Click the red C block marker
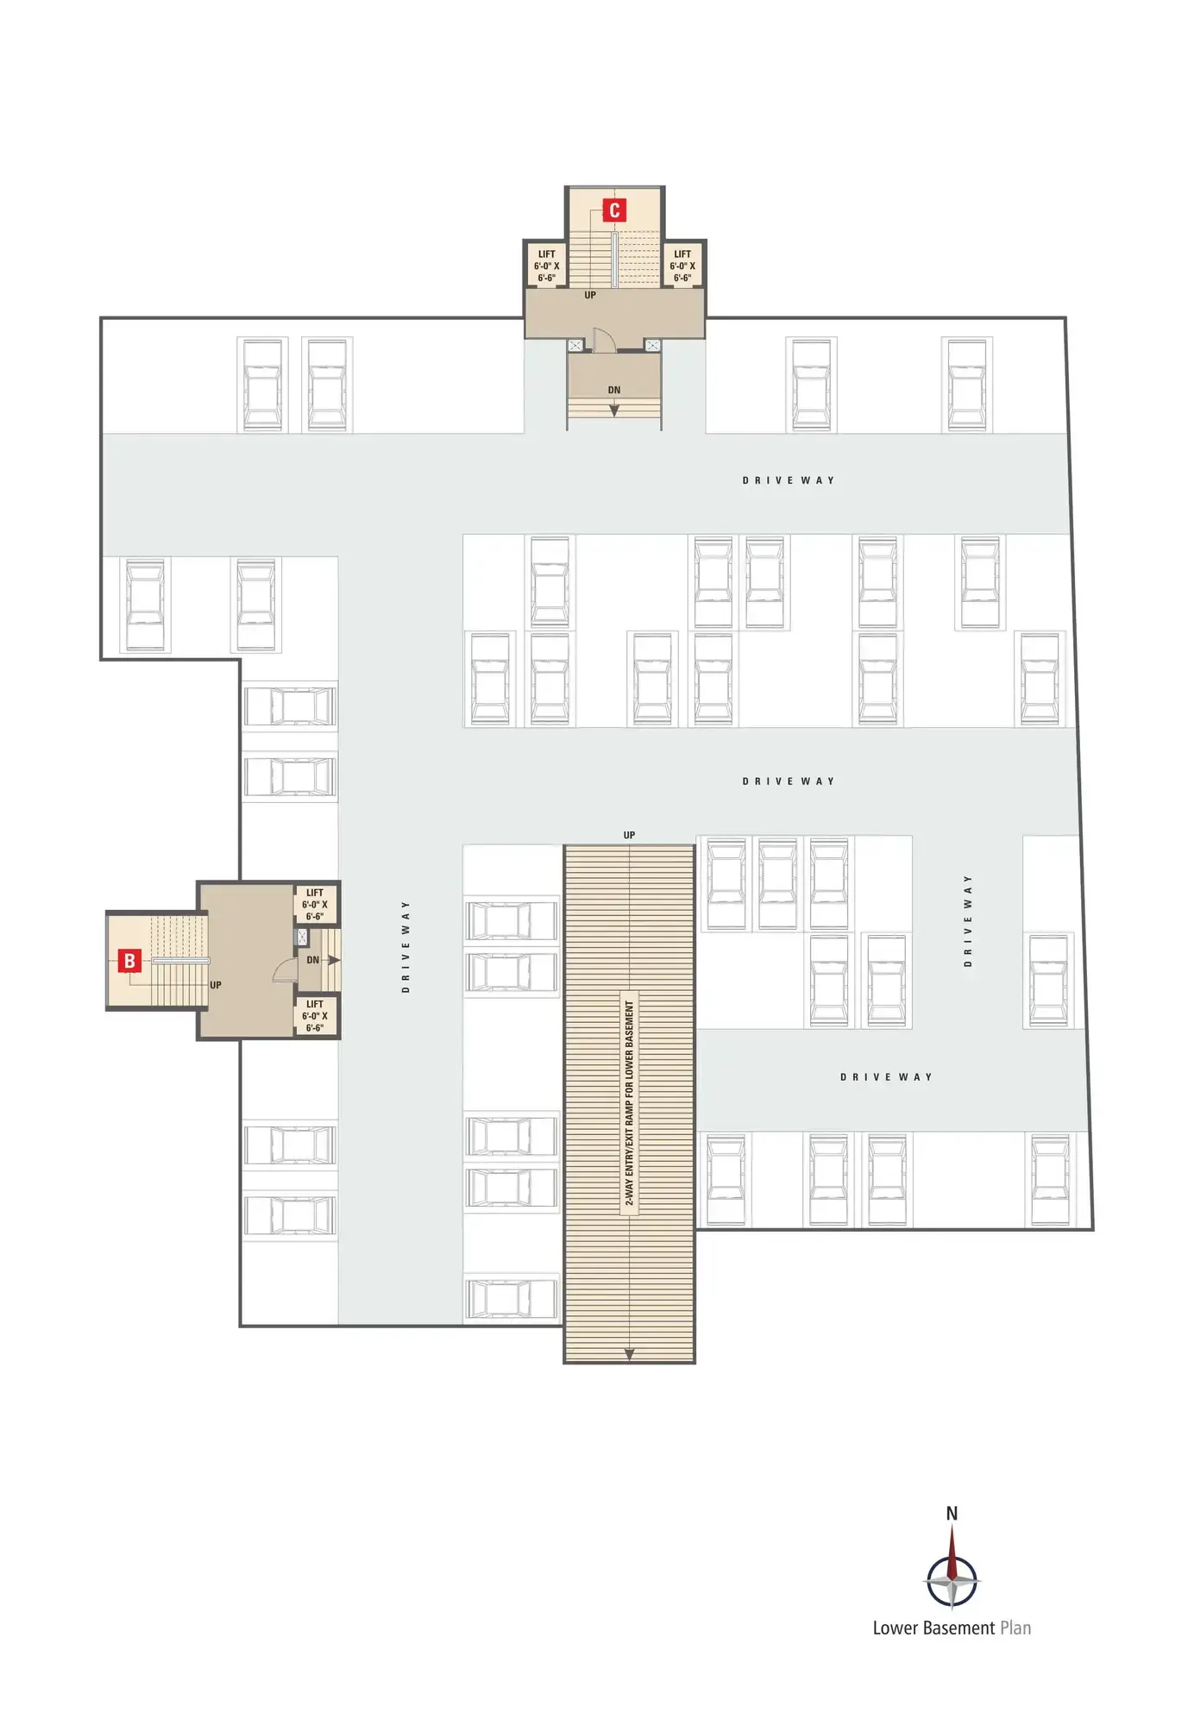614,210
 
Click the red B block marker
129,960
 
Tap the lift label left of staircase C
546,266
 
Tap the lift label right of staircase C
682,266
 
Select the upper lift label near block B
315,905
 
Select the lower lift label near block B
315,1016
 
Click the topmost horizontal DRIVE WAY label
789,480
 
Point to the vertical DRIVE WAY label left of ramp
405,946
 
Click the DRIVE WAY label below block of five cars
886,1077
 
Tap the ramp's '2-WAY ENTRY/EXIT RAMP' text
629,1103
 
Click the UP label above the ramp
629,835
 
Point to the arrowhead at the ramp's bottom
629,1355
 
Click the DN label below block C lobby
614,390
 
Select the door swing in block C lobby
603,340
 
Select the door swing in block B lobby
286,971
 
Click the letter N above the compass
952,1513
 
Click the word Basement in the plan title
958,1628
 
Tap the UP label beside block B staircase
216,985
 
